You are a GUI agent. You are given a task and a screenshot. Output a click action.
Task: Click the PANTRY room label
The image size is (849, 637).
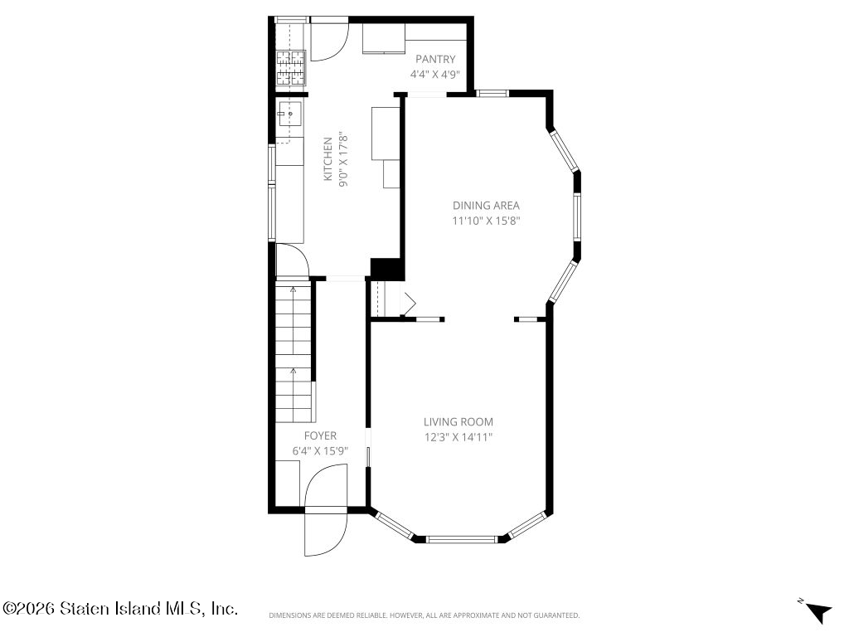tap(435, 59)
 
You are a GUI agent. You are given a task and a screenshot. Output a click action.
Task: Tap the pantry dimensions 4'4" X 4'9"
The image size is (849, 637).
tap(435, 74)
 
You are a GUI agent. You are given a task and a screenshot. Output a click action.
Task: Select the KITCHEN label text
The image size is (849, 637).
tap(327, 159)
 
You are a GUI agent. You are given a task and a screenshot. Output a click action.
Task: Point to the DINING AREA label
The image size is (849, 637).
tap(486, 206)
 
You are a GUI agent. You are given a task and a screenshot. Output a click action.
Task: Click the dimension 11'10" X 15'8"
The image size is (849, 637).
tap(486, 221)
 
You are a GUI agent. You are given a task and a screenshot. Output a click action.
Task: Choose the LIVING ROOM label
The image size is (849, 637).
tap(458, 422)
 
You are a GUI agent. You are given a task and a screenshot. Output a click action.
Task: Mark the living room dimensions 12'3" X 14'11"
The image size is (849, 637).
tap(458, 437)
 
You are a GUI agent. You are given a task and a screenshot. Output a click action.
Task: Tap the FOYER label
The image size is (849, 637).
tap(320, 435)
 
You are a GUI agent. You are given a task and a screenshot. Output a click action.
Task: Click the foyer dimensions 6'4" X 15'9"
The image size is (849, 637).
tap(320, 450)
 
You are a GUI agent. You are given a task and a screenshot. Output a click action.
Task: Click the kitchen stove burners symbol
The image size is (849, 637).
tap(291, 68)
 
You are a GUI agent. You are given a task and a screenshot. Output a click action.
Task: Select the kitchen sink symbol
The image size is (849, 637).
tap(289, 114)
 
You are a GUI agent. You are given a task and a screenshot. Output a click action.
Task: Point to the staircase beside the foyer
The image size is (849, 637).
tap(294, 350)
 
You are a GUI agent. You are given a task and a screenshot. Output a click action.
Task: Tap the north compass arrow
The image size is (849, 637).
tap(818, 612)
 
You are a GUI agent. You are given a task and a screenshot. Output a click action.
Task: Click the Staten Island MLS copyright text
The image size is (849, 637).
tap(119, 608)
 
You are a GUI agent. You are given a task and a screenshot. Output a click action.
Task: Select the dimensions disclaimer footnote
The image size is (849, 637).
tap(424, 615)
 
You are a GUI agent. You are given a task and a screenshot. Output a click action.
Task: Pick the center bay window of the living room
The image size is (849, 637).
tap(461, 539)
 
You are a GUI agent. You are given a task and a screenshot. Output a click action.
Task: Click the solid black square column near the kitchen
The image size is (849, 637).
tap(387, 270)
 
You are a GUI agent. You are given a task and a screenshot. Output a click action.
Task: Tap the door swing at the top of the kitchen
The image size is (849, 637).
tap(329, 42)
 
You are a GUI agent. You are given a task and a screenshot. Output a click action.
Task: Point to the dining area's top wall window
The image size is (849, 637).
tap(492, 93)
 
